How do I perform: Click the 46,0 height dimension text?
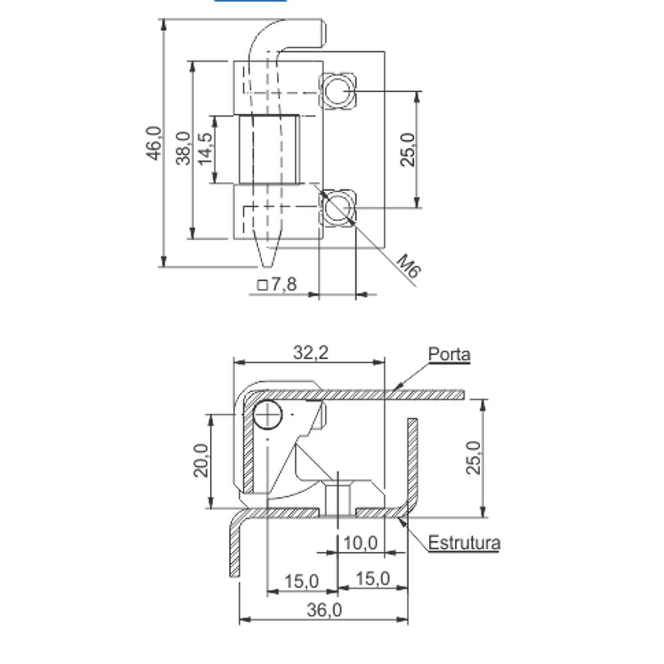pyautogui.click(x=154, y=143)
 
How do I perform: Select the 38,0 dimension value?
pyautogui.click(x=183, y=148)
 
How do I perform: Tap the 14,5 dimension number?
pyautogui.click(x=205, y=149)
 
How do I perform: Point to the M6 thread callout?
pyautogui.click(x=409, y=266)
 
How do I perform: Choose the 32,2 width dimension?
pyautogui.click(x=311, y=353)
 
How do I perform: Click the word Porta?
pyautogui.click(x=450, y=354)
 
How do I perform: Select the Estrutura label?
pyautogui.click(x=464, y=542)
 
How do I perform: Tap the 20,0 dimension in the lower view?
pyautogui.click(x=201, y=460)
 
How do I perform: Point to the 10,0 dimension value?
pyautogui.click(x=361, y=543)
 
